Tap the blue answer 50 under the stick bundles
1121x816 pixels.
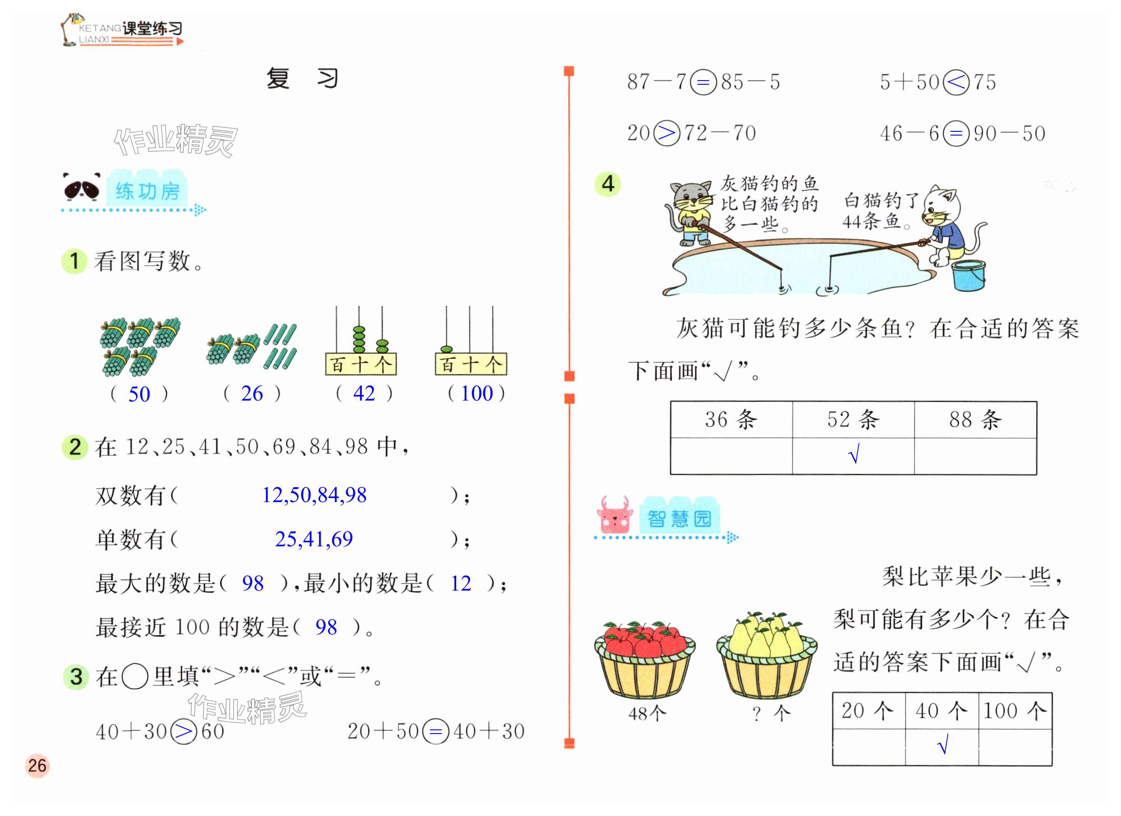pos(139,394)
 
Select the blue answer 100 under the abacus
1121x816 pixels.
pos(477,393)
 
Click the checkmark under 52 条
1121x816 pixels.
pos(854,454)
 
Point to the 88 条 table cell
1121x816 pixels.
pos(975,419)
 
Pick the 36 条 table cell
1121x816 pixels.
pos(731,419)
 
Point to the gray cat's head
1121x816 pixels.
pos(690,196)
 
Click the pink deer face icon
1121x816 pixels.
pos(615,516)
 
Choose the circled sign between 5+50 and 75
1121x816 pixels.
pos(956,82)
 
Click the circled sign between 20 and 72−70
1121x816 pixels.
pos(666,133)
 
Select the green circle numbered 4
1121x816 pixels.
pos(608,184)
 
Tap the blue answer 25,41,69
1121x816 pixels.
pos(314,539)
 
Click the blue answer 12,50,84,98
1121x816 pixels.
pos(314,495)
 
